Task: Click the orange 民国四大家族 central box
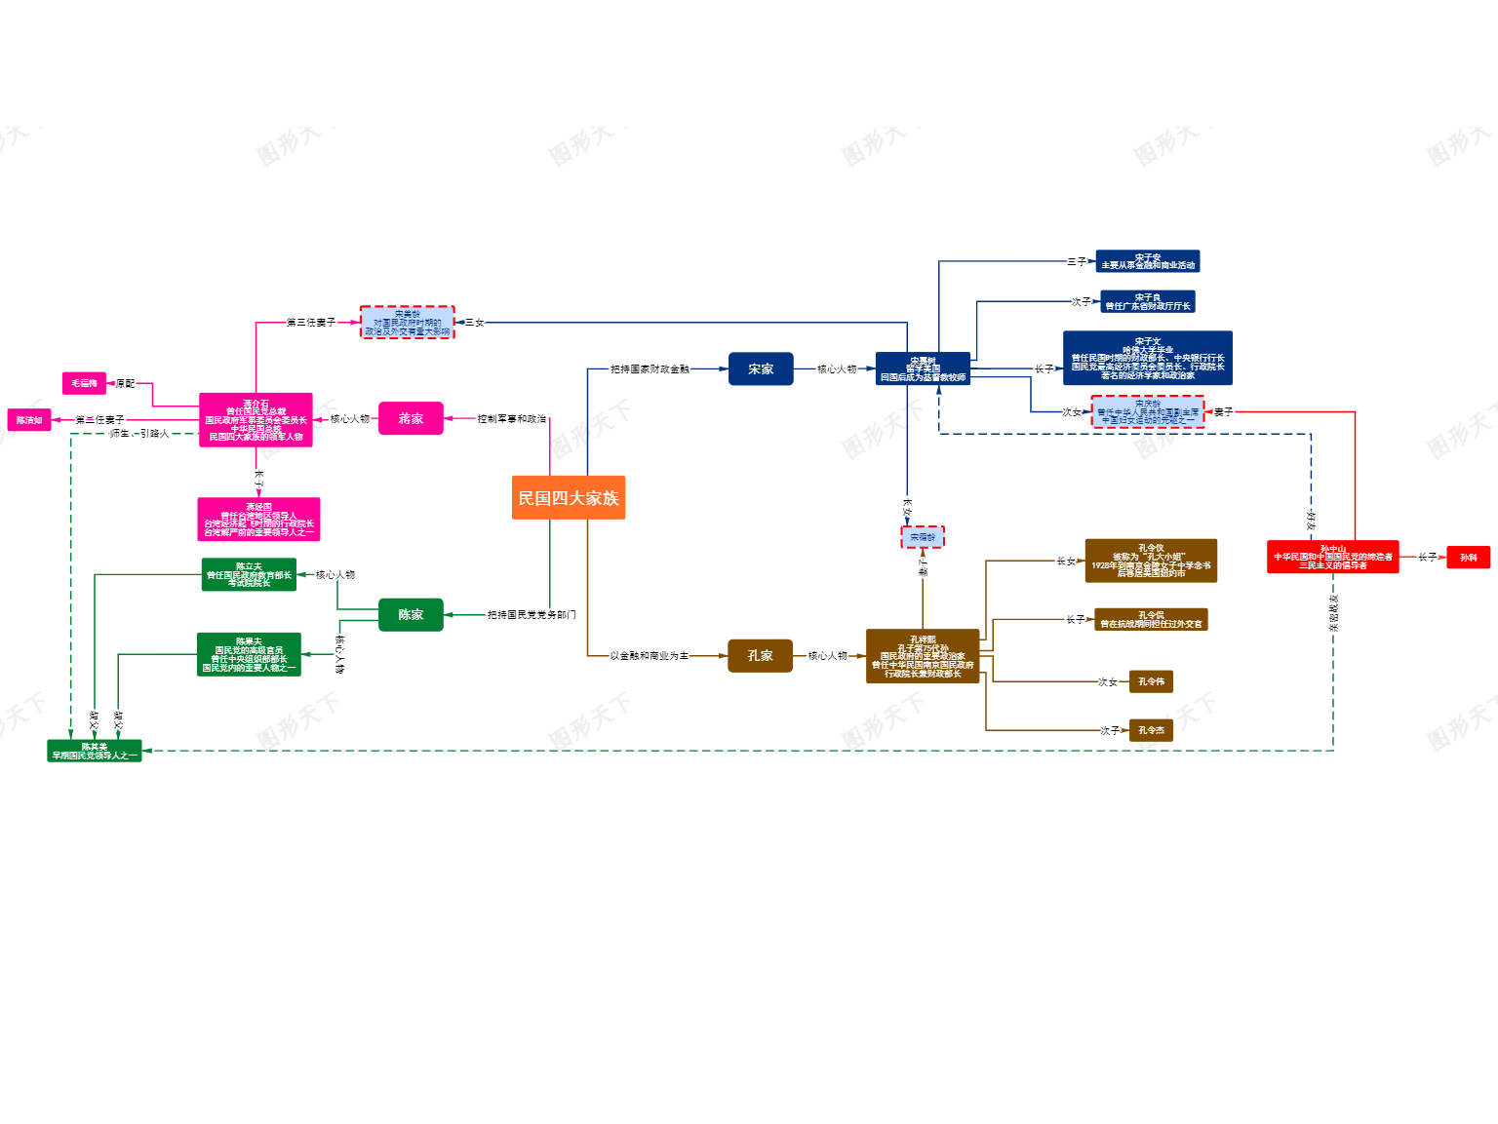coord(568,497)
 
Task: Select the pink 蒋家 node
coord(411,418)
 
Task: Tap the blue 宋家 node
coord(761,368)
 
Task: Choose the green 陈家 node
coord(411,614)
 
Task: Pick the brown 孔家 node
coord(760,655)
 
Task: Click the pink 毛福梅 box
coord(84,383)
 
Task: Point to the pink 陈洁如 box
coord(29,420)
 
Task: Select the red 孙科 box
coord(1468,557)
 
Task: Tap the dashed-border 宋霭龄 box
coord(923,537)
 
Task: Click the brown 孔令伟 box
coord(1151,681)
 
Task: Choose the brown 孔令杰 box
coord(1151,730)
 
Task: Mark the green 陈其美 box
coord(95,751)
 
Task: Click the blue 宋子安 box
coord(1148,261)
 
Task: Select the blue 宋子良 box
coord(1148,301)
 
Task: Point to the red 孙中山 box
coord(1332,557)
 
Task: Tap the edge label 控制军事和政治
coord(511,418)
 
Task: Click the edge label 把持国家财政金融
coord(650,368)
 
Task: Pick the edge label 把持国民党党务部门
coord(532,614)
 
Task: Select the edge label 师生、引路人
coord(139,433)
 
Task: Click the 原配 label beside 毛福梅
coord(125,383)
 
